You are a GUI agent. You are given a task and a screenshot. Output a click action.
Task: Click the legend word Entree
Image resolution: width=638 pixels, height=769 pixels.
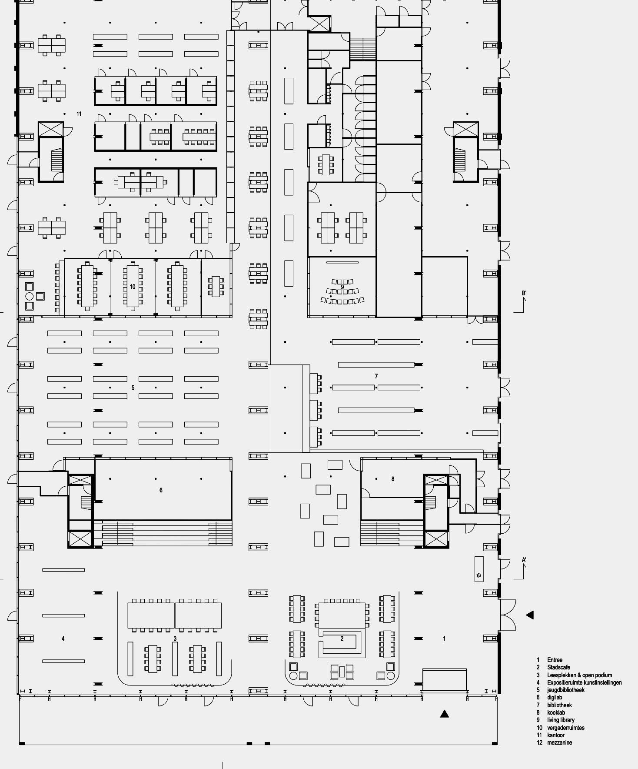pos(555,660)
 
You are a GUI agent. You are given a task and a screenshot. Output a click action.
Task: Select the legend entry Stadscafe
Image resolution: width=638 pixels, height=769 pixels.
pos(558,667)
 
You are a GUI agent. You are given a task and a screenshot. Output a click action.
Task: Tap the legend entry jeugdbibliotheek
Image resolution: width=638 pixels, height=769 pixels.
pos(566,690)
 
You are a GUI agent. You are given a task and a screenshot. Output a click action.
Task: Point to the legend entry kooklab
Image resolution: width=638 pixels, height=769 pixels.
pos(556,712)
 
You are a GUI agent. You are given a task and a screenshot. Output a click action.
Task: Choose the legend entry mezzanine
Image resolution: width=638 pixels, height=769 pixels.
pos(559,742)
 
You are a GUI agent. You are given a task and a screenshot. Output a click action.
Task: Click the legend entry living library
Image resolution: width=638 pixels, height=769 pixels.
pos(561,720)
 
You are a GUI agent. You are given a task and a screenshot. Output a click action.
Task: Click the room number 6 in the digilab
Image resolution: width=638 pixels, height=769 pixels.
pos(161,490)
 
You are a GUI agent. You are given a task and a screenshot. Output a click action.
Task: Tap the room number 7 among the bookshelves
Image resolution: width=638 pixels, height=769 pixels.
pos(376,376)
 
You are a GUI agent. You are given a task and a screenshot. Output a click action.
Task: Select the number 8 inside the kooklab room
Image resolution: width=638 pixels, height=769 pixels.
pos(393,479)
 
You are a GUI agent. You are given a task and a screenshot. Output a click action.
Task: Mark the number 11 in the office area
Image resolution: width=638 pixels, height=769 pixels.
pos(79,114)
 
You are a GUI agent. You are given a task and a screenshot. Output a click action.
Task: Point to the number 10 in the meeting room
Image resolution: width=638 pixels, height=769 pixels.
pos(133,287)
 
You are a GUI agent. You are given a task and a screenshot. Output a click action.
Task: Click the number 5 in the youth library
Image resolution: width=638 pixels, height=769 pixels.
pos(133,388)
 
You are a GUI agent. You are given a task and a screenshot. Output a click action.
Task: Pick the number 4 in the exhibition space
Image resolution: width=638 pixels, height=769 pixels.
pos(63,639)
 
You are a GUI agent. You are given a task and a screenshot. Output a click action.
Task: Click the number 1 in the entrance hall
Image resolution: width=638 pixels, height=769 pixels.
pos(444,639)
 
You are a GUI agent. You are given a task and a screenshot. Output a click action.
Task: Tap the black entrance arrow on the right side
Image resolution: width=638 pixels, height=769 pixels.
pos(529,615)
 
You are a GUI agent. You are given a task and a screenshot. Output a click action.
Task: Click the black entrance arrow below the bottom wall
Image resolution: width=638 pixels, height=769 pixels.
pos(444,714)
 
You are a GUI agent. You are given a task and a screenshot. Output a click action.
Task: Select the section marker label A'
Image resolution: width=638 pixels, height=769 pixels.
pos(524,560)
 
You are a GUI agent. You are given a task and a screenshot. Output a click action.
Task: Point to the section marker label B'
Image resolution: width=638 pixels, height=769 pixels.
pos(524,294)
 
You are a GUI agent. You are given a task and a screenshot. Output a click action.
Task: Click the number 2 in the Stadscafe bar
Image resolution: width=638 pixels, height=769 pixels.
pos(342,639)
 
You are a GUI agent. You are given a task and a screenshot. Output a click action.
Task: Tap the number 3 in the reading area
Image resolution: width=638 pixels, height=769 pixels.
pos(175,639)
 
